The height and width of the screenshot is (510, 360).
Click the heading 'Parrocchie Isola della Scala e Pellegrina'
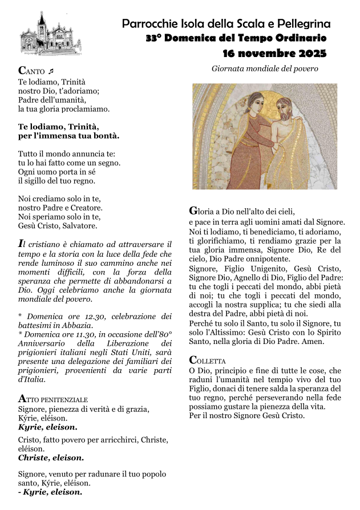coord(226,24)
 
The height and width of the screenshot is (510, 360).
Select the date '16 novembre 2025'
coord(274,54)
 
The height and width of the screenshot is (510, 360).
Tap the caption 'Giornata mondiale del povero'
coord(265,68)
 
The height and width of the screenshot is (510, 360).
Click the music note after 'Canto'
coord(51,71)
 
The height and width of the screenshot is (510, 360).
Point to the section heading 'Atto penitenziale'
coord(53,399)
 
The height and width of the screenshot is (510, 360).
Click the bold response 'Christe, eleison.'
coord(51,458)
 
